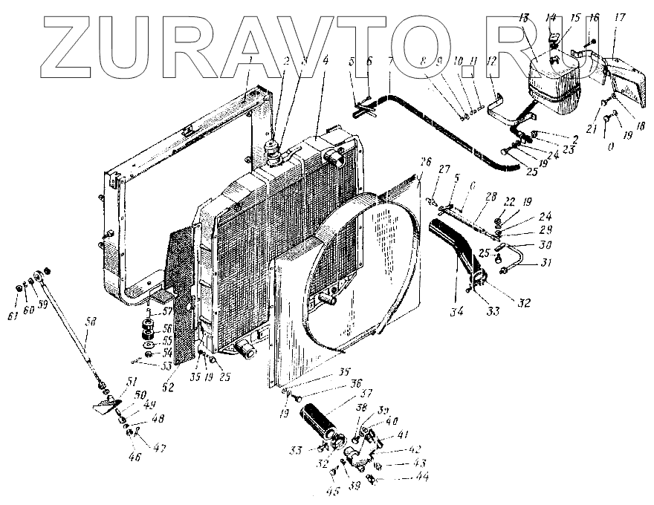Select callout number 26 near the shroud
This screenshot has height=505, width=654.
point(425,163)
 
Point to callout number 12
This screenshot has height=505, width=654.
point(490,62)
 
